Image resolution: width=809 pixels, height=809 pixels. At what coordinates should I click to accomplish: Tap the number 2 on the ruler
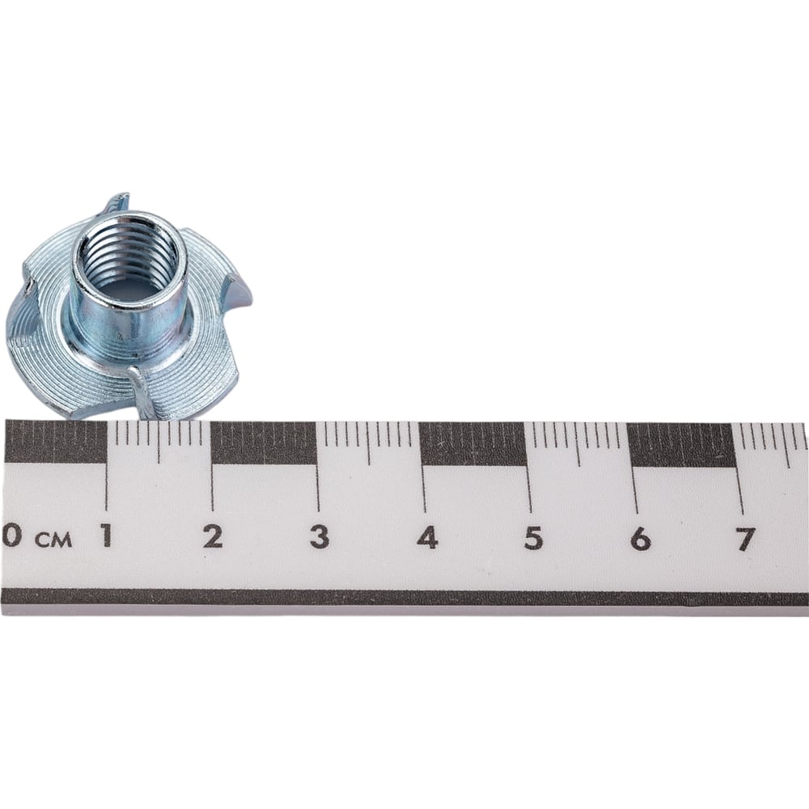pos(213,536)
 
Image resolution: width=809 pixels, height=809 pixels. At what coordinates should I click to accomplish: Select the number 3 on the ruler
pos(320,536)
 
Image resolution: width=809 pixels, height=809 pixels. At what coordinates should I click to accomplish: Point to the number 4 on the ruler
pos(427,537)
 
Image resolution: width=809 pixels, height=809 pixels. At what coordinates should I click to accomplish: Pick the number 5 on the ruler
pos(533,538)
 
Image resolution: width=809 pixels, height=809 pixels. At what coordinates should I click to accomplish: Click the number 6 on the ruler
pos(640,539)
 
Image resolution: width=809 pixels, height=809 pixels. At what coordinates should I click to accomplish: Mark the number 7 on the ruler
pos(746,539)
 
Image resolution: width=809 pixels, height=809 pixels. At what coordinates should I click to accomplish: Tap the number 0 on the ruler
pos(11,535)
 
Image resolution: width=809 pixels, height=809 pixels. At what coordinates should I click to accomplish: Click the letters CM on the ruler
pos(53,540)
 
